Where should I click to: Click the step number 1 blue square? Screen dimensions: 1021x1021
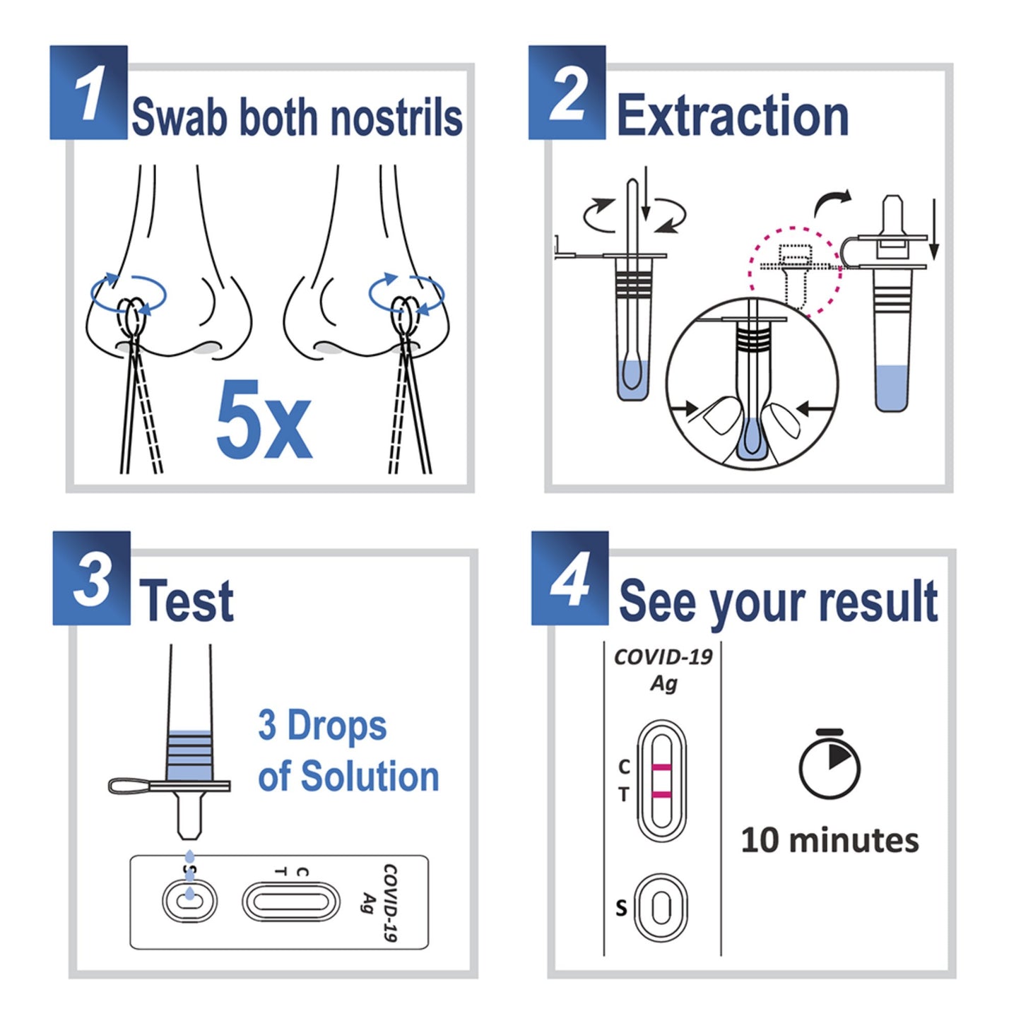coord(88,93)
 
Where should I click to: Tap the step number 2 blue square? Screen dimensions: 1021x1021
coord(567,93)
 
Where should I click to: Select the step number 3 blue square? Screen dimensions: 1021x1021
coord(91,578)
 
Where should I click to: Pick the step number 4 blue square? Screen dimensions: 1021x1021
coord(569,578)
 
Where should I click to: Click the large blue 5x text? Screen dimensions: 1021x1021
coord(264,420)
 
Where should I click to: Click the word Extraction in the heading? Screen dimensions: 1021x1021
coord(732,116)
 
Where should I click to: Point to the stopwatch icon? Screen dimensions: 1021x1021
coord(829,765)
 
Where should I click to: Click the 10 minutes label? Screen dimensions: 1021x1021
coord(830,840)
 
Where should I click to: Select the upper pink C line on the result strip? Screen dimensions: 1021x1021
coord(661,767)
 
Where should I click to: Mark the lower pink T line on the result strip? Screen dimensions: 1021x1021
coord(661,795)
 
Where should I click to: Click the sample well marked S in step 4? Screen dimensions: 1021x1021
coord(661,907)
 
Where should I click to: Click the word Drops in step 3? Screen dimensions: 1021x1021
coord(337,726)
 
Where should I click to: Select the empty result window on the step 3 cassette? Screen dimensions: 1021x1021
coord(290,902)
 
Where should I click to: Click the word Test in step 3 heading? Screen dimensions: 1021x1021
coord(186,601)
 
